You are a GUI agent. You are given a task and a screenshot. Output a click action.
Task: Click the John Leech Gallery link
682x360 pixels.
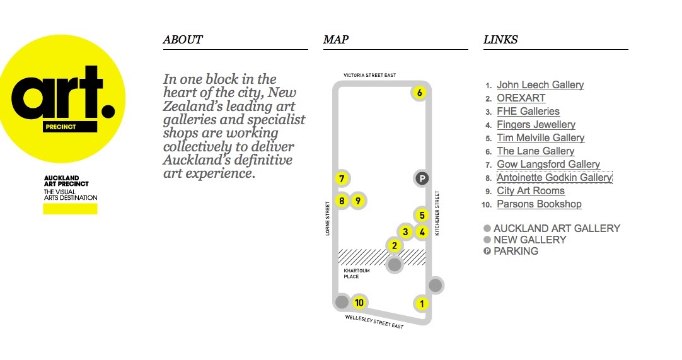[540, 85]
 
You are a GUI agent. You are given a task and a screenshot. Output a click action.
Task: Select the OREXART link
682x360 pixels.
[521, 98]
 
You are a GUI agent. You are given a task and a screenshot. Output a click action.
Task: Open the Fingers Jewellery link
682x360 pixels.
[536, 125]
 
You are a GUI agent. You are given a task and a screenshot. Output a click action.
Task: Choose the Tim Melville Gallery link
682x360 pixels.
[540, 138]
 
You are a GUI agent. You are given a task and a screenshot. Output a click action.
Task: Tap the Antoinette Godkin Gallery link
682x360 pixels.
[554, 178]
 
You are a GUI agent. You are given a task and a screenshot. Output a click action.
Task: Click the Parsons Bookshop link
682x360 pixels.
[539, 204]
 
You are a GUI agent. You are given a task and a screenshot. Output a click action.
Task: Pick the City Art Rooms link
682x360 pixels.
[530, 191]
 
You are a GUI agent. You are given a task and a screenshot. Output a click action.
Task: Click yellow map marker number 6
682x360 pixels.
[420, 93]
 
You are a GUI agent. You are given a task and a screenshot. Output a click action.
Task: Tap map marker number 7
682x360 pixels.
[342, 178]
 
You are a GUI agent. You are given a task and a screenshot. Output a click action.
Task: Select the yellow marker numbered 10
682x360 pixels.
[359, 302]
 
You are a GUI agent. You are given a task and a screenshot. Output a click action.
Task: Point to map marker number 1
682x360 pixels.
[421, 304]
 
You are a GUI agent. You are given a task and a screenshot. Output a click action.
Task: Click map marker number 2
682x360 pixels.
[394, 246]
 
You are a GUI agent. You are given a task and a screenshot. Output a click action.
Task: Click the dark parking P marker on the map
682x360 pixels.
[422, 178]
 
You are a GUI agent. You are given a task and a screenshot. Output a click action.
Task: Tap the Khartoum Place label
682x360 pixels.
[357, 274]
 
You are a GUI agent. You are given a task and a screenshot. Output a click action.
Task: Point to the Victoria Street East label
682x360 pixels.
[369, 75]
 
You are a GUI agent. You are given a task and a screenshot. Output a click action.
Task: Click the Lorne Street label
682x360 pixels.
[328, 219]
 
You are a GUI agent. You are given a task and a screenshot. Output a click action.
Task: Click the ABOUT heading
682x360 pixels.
[183, 40]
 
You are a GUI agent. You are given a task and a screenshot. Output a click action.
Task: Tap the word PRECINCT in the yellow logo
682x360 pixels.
[61, 127]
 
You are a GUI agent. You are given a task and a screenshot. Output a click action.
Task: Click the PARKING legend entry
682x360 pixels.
[516, 251]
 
